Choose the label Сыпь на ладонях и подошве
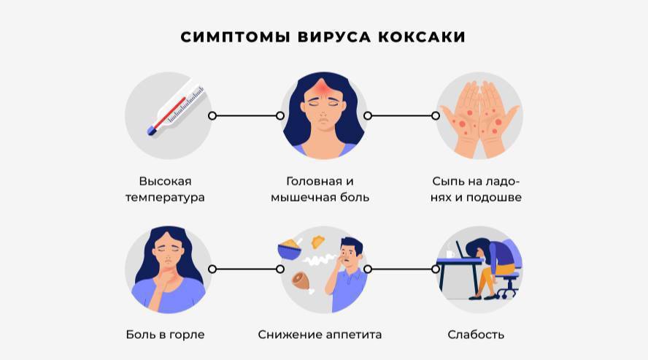(x=477, y=189)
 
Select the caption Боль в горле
(x=165, y=334)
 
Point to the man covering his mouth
(x=350, y=271)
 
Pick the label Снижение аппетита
(x=320, y=334)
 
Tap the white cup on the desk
(x=450, y=253)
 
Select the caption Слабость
(x=476, y=334)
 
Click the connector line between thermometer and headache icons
(x=246, y=115)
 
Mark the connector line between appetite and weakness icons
(x=402, y=269)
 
